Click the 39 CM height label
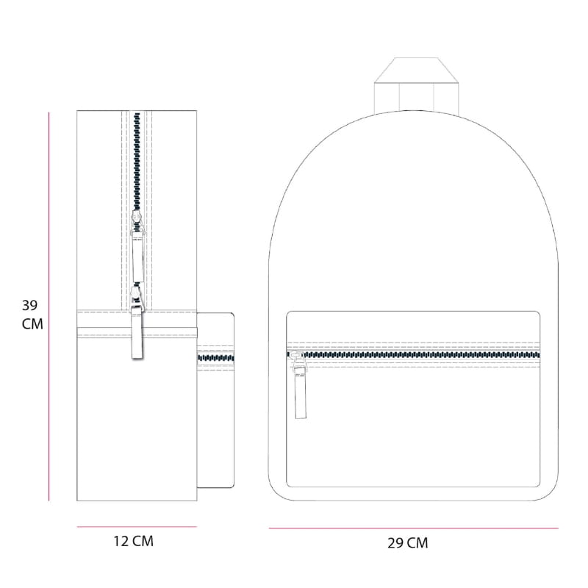(x=32, y=315)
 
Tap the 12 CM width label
(x=134, y=541)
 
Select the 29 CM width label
(x=408, y=543)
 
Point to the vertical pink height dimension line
(x=49, y=306)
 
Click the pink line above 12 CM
(x=137, y=527)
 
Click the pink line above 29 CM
(x=414, y=528)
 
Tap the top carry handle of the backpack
(x=416, y=85)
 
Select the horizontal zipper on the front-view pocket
(x=413, y=355)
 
